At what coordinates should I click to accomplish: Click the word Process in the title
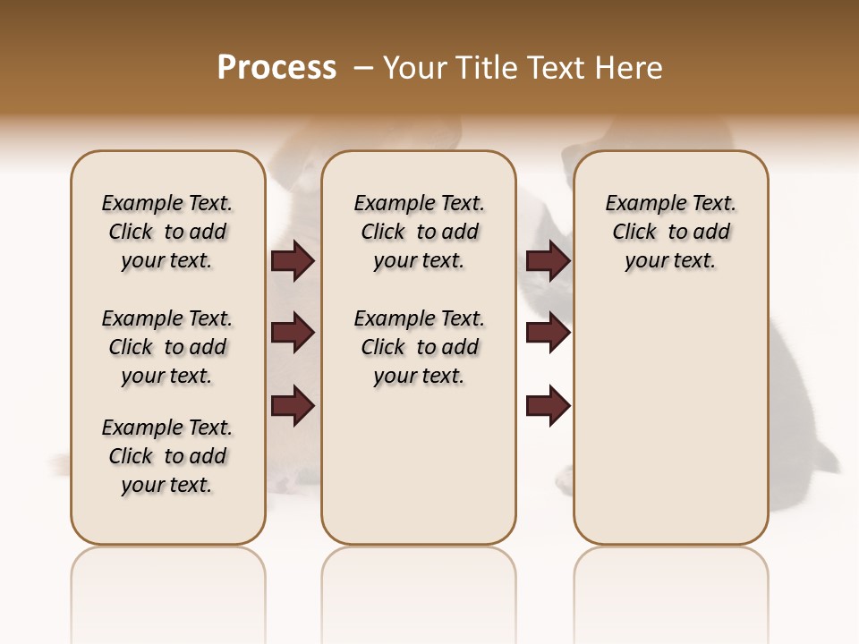pyautogui.click(x=276, y=68)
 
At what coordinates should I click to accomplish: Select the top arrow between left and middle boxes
pyautogui.click(x=293, y=261)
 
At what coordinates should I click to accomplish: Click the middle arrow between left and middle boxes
pyautogui.click(x=293, y=334)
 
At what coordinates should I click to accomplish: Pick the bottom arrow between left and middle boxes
pyautogui.click(x=293, y=406)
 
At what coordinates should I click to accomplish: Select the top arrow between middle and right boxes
pyautogui.click(x=548, y=261)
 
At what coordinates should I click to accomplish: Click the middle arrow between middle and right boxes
pyautogui.click(x=548, y=334)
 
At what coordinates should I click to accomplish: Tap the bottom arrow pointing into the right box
pyautogui.click(x=548, y=406)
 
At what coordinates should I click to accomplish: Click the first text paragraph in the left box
pyautogui.click(x=167, y=232)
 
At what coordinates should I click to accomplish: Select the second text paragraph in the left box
pyautogui.click(x=167, y=347)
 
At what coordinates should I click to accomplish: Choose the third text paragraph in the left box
pyautogui.click(x=167, y=456)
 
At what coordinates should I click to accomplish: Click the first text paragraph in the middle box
pyautogui.click(x=419, y=232)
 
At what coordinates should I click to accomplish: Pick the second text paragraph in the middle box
pyautogui.click(x=419, y=347)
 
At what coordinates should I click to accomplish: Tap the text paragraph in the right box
pyautogui.click(x=670, y=232)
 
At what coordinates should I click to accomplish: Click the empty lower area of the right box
pyautogui.click(x=670, y=420)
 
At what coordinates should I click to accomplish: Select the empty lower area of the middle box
pyautogui.click(x=419, y=465)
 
